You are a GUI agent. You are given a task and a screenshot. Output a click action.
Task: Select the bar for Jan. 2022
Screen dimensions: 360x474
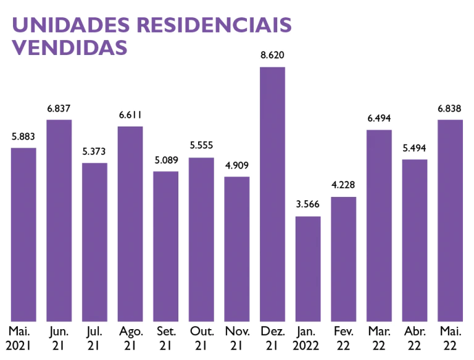pyautogui.click(x=308, y=268)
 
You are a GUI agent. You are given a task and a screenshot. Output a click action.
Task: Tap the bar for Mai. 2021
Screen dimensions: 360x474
pyautogui.click(x=23, y=234)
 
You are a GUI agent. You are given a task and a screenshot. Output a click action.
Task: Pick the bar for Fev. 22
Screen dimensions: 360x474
pyautogui.click(x=344, y=259)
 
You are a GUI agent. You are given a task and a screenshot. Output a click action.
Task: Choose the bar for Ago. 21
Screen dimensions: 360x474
pyautogui.click(x=130, y=223)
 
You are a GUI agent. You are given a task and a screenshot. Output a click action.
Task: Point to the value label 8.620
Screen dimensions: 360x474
pyautogui.click(x=272, y=56)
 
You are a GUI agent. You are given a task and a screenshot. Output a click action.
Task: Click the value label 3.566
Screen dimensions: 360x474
pyautogui.click(x=308, y=205)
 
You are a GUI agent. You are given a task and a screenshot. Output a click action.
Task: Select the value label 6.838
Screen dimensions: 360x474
pyautogui.click(x=451, y=108)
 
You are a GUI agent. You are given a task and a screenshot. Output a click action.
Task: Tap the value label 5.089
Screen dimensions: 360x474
pyautogui.click(x=166, y=160)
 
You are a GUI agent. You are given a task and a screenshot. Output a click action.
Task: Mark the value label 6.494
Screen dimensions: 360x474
pyautogui.click(x=380, y=119)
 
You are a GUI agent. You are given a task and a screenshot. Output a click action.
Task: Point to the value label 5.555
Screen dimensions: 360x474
pyautogui.click(x=201, y=146)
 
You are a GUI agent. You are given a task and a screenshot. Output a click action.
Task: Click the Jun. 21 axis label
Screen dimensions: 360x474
pyautogui.click(x=59, y=338)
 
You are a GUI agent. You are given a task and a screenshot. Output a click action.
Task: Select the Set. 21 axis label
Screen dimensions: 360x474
pyautogui.click(x=166, y=338)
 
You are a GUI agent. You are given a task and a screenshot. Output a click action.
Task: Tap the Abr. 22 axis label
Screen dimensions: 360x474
pyautogui.click(x=415, y=338)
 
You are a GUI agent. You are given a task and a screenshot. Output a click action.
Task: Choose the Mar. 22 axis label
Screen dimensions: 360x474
pyautogui.click(x=380, y=338)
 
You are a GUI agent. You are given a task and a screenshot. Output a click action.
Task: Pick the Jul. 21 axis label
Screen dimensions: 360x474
pyautogui.click(x=94, y=338)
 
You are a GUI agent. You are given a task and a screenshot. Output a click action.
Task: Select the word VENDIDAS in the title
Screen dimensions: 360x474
pyautogui.click(x=70, y=47)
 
